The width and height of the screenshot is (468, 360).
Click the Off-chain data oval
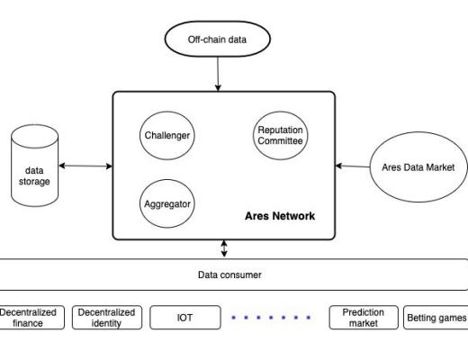pos(217,40)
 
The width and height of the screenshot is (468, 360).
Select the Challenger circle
pos(168,136)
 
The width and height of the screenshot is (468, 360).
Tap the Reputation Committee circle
pos(280,135)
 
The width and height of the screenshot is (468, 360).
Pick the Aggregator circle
pos(167,203)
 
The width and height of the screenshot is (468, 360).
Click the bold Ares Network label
pos(280,217)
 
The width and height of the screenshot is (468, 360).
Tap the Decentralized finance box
pos(28,318)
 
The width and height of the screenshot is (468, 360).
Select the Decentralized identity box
pos(106,318)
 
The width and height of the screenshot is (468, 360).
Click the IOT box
pos(184,318)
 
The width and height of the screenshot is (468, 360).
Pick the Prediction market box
pos(364,318)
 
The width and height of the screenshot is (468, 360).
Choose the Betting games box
pos(436,318)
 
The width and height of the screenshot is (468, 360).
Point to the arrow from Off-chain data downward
pos(217,75)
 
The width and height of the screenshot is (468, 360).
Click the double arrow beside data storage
pos(85,166)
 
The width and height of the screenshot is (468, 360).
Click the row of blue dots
pos(271,318)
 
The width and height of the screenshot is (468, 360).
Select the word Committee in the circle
pos(280,140)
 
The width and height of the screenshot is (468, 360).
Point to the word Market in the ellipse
pos(440,166)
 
